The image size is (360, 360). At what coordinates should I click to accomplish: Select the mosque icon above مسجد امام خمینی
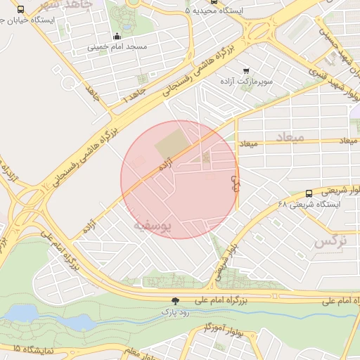tap(117, 37)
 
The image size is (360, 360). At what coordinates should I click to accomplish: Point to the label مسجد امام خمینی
tap(117, 47)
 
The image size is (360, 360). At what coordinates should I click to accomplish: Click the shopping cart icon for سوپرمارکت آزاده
tap(245, 71)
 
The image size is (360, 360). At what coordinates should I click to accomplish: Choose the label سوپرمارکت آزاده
tap(245, 82)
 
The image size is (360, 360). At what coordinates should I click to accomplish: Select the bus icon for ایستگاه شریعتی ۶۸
tap(309, 193)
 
